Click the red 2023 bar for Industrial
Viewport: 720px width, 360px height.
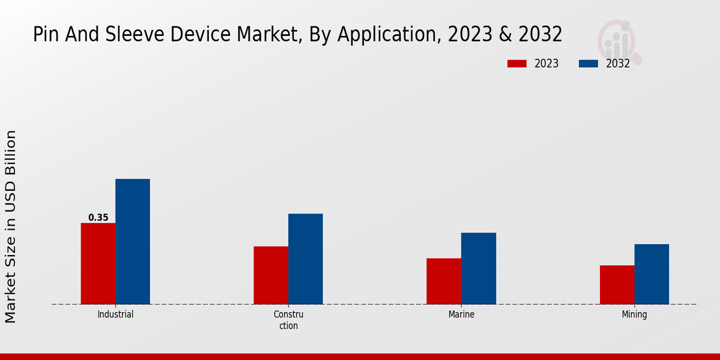(98, 263)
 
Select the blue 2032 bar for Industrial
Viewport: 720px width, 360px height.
(133, 241)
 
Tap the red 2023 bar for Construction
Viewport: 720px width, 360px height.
(271, 275)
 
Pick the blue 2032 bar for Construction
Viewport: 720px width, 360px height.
(305, 259)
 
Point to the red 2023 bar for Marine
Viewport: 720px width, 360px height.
(444, 281)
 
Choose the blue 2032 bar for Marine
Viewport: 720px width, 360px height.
(479, 268)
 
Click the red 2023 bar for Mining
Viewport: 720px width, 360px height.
(617, 284)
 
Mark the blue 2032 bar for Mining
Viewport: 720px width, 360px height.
(652, 274)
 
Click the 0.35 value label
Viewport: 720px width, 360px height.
(98, 218)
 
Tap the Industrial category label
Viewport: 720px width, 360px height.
(115, 314)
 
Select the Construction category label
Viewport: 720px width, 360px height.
(289, 320)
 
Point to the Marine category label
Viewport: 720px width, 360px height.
(461, 314)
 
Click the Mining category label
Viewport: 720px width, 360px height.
(634, 314)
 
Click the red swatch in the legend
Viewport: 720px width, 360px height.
(517, 64)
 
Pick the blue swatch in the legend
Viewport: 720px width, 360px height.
(589, 64)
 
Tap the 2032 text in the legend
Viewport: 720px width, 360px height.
(618, 64)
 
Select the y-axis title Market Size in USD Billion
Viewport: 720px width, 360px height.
(11, 227)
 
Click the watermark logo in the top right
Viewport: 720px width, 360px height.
(618, 41)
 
